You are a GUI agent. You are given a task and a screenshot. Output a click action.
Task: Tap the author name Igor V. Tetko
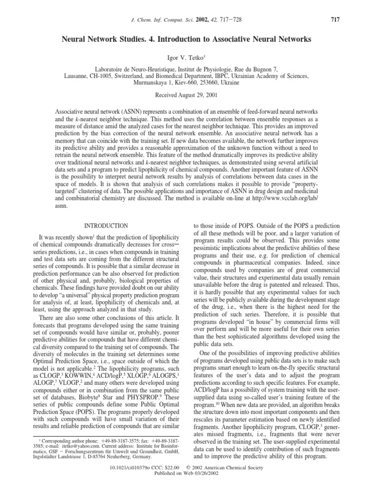pyautogui.click(x=186, y=57)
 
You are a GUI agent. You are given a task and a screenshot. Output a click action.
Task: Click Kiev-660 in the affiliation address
pyautogui.click(x=180, y=83)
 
